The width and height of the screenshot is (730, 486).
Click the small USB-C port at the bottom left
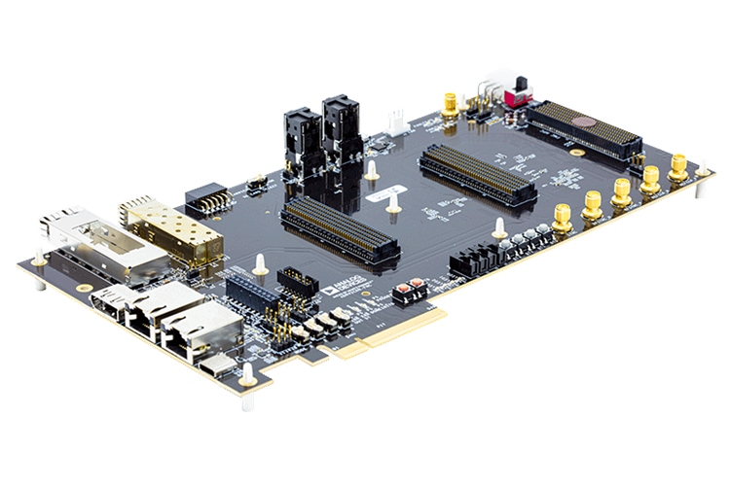coord(217,364)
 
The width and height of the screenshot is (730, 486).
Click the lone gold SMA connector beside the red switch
coord(451,104)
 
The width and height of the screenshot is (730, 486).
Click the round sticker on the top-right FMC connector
coord(581,123)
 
